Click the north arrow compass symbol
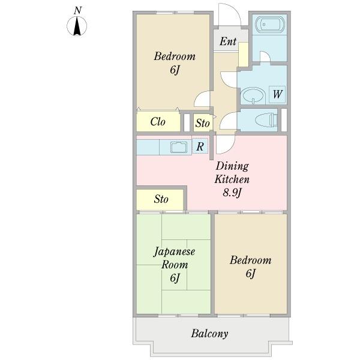coord(77,26)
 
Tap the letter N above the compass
coord(78,11)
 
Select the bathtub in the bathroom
coord(269,24)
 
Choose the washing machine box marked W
coord(277,94)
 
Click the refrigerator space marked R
coord(200,146)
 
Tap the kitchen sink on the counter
coord(178,147)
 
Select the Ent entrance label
coord(228,41)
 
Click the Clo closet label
coord(158,122)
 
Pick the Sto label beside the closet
coord(202,123)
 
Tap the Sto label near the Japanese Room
coord(161,199)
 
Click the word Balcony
coord(209,334)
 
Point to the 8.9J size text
coord(232,193)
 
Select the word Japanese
coord(174,252)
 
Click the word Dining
coord(232,166)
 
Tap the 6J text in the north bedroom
coord(175,70)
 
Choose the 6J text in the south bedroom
coord(250,274)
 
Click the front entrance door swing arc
coord(234,10)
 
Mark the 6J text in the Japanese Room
coord(175,278)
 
